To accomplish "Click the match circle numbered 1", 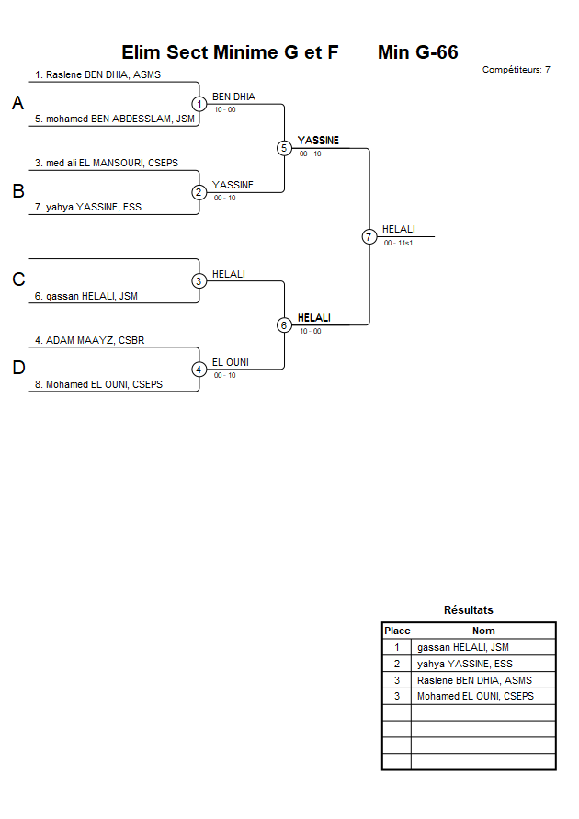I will pos(199,104).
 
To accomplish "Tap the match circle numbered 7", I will pos(369,237).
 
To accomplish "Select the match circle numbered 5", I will pos(284,148).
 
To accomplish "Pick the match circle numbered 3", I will pos(199,281).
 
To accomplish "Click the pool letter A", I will pos(17,104).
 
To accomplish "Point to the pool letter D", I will pos(17,369).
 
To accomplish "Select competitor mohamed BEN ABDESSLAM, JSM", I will pos(115,119).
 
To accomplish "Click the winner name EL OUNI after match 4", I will pos(231,362).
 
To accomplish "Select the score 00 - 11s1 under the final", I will pos(398,243).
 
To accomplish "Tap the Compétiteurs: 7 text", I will pos(516,70).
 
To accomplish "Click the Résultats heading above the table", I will pos(468,610).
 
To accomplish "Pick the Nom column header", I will pos(483,631).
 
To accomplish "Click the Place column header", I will pos(397,631).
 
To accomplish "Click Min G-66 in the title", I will pos(417,52).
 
